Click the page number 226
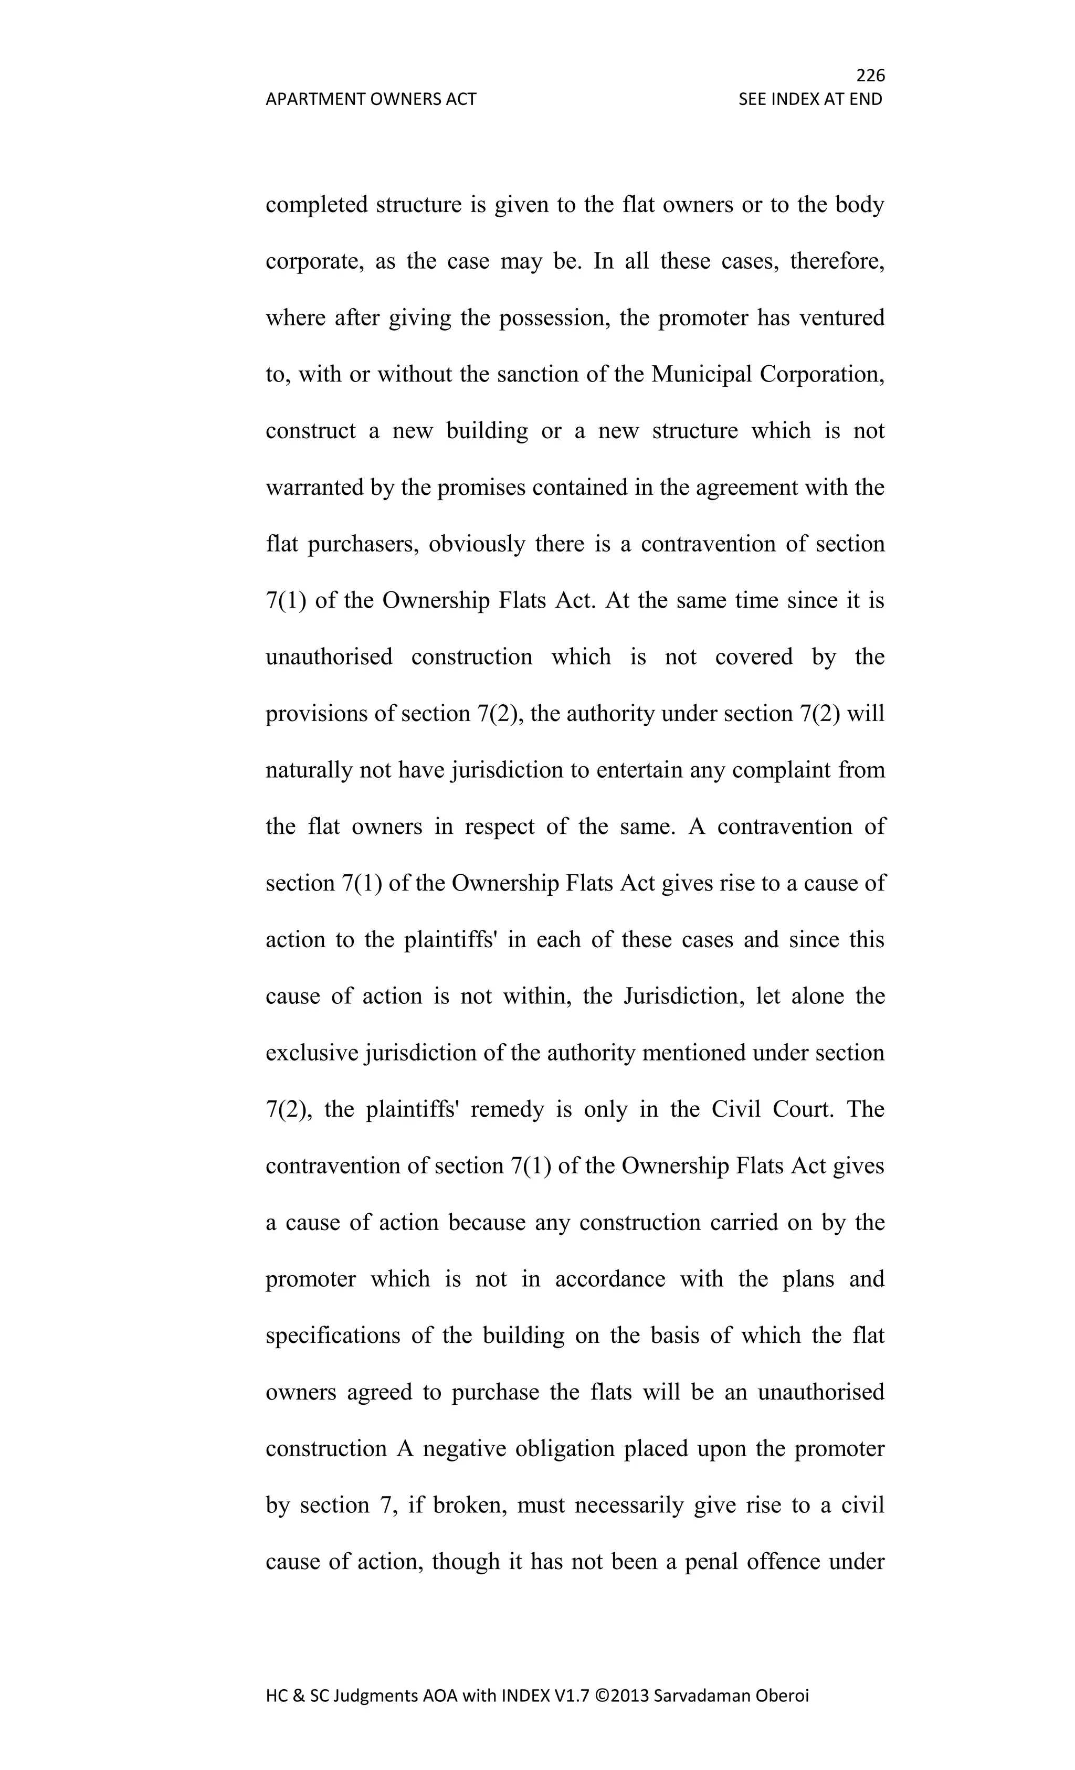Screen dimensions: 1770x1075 pyautogui.click(x=870, y=75)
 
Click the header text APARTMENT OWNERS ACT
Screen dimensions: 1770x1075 pyautogui.click(x=371, y=99)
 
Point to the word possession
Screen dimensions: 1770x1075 pyautogui.click(x=554, y=317)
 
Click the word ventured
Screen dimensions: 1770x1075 pyautogui.click(x=841, y=317)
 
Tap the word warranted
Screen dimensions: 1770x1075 pyautogui.click(x=314, y=487)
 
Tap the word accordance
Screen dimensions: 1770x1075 pyautogui.click(x=610, y=1279)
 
